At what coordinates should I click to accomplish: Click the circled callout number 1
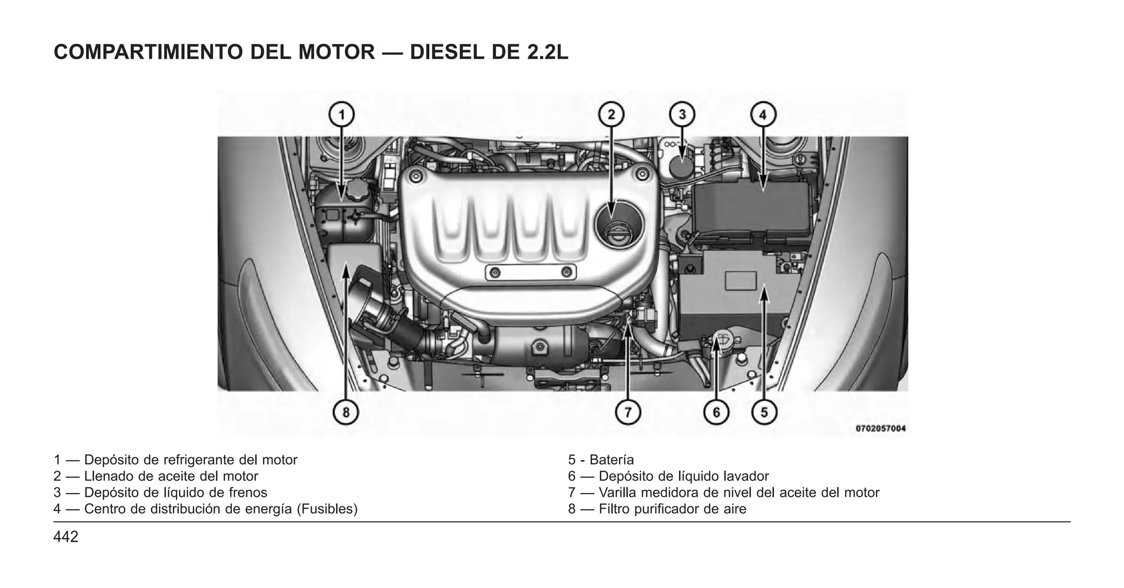[341, 115]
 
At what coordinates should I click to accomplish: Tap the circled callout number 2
[611, 115]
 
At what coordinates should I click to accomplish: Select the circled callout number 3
[682, 115]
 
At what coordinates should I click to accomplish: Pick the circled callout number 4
[763, 115]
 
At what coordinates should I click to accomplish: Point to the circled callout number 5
[764, 411]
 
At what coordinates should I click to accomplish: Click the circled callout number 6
[716, 411]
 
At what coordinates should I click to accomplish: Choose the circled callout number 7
[628, 411]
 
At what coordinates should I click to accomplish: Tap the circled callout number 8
[346, 411]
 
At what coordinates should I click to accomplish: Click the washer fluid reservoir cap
[724, 341]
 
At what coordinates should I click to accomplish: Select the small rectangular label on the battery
[740, 281]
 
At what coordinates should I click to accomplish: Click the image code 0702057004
[880, 428]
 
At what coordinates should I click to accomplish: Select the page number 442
[66, 537]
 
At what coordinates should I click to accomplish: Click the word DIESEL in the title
[446, 52]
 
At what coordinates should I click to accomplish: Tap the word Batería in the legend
[611, 460]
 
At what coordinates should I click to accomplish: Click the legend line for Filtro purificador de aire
[657, 509]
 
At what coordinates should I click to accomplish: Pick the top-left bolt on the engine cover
[417, 176]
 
